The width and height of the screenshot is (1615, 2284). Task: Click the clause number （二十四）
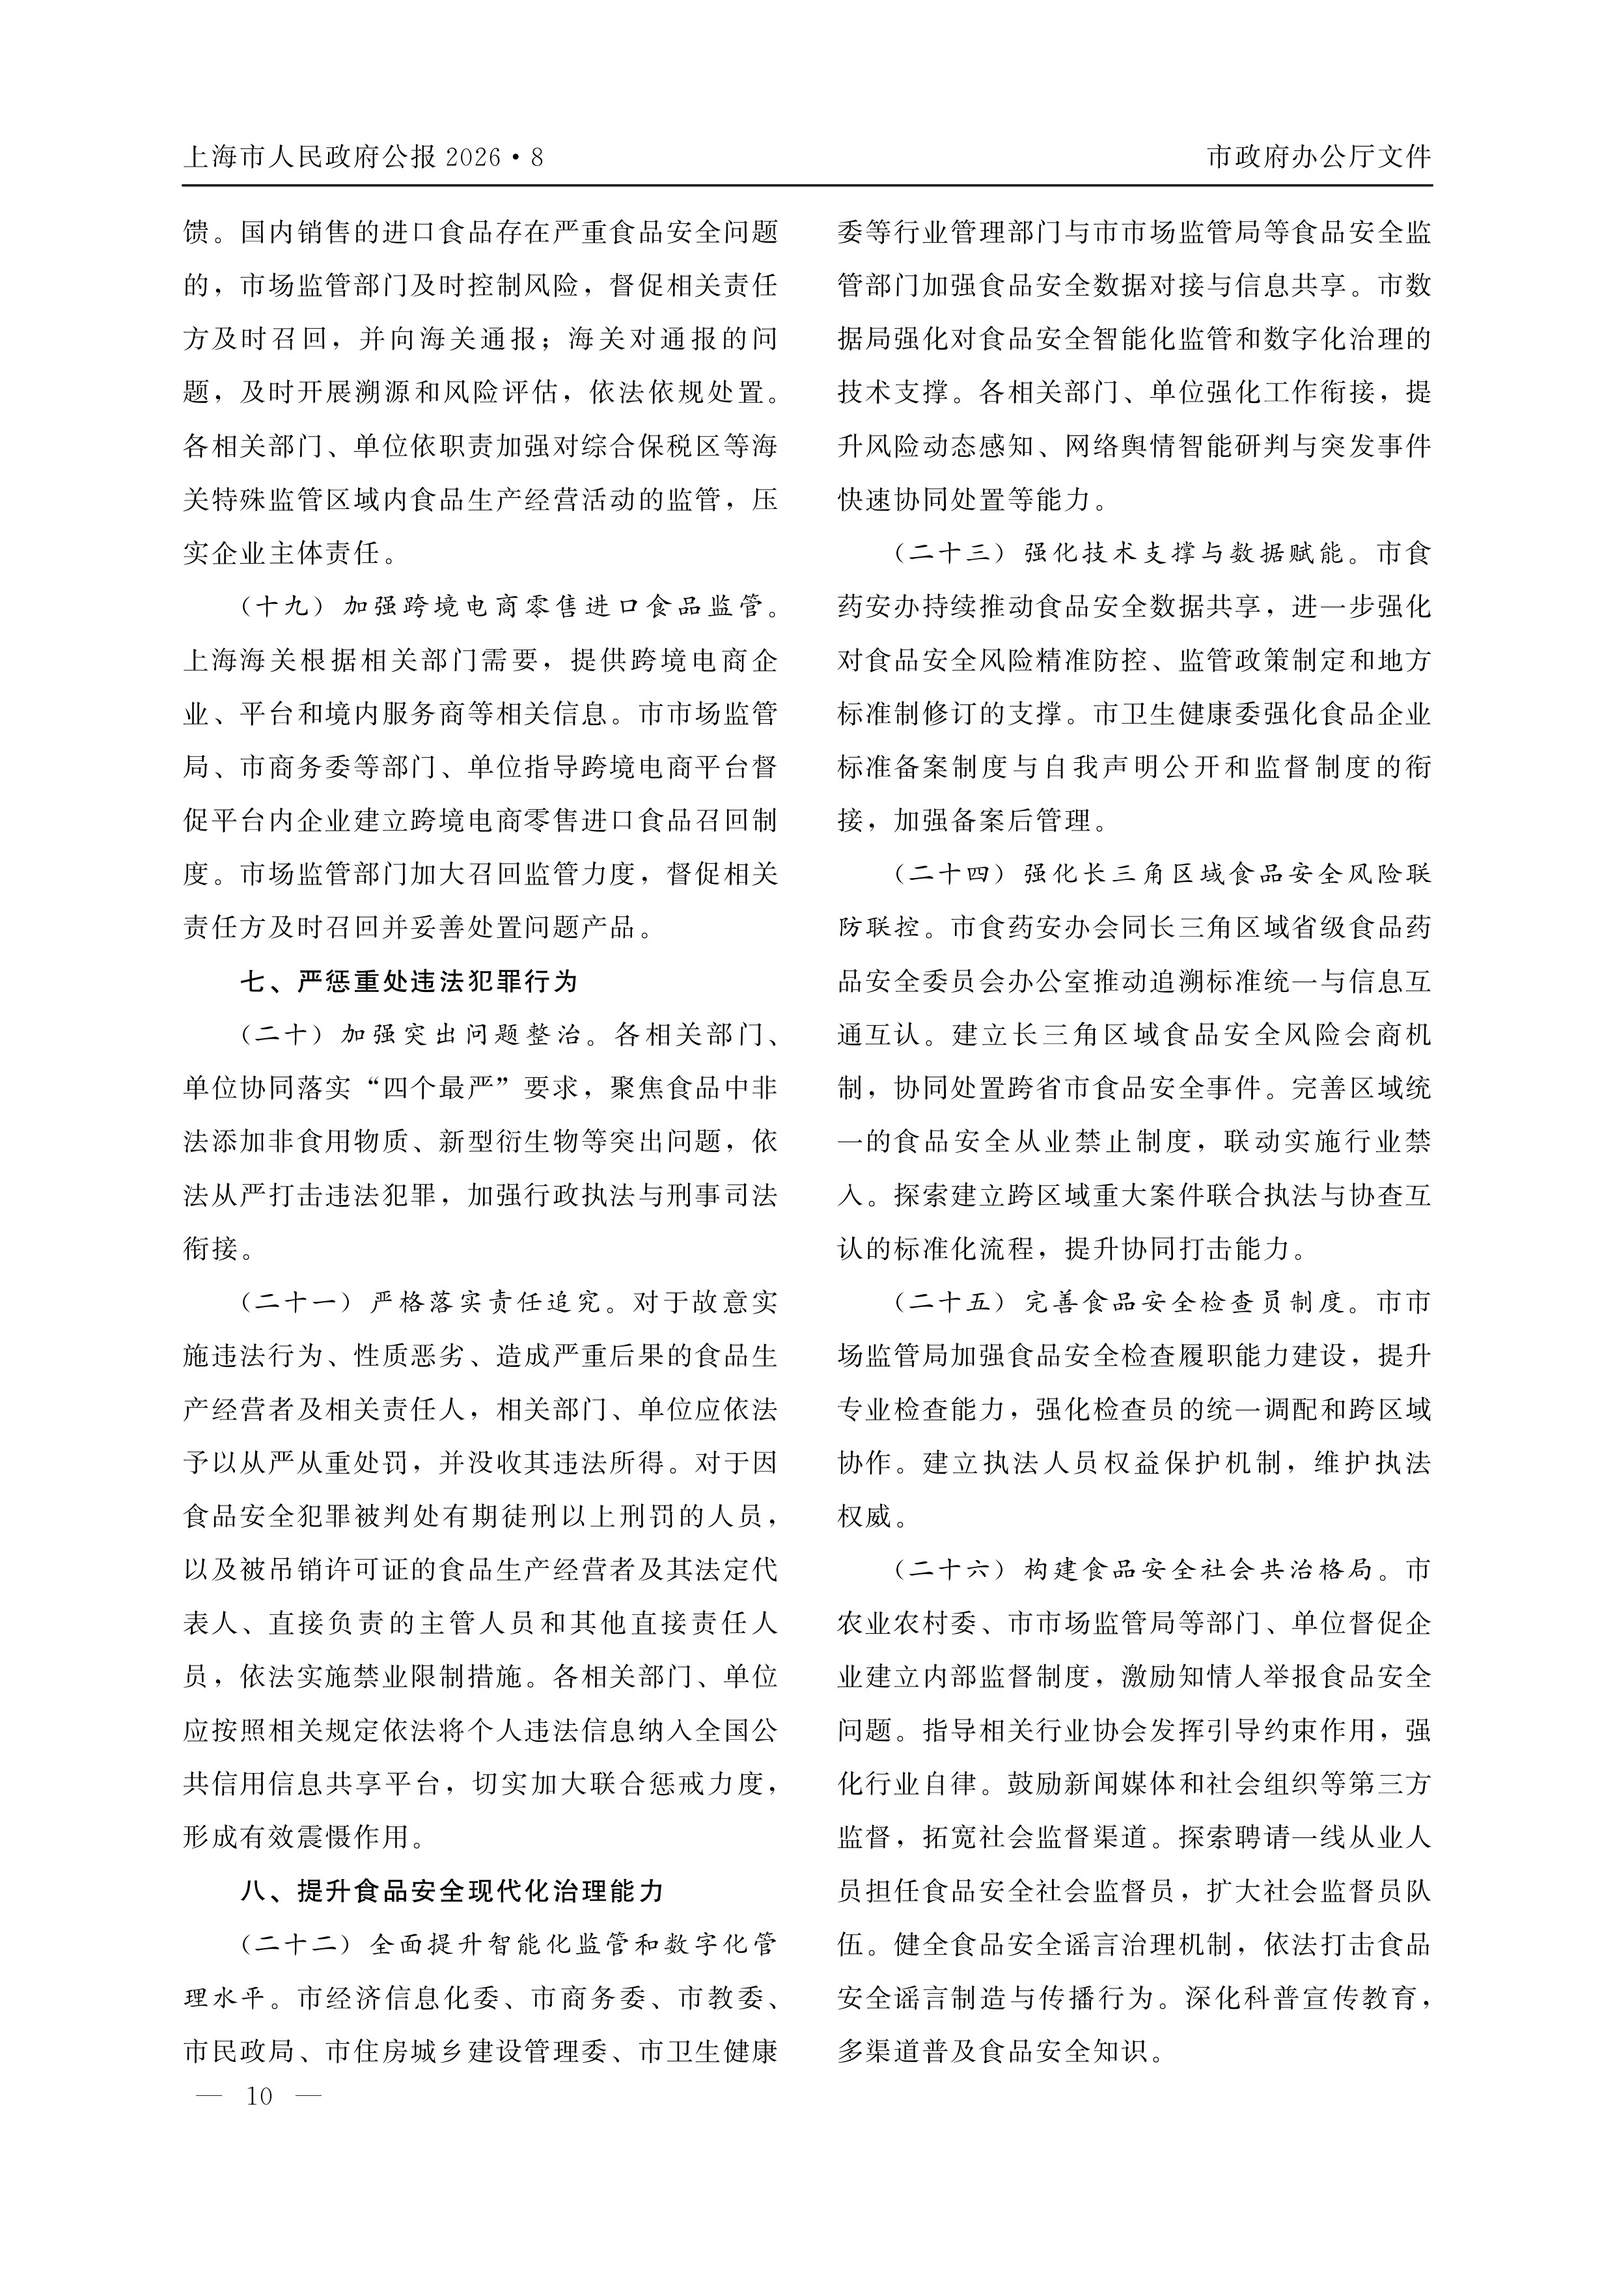tap(952, 874)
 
